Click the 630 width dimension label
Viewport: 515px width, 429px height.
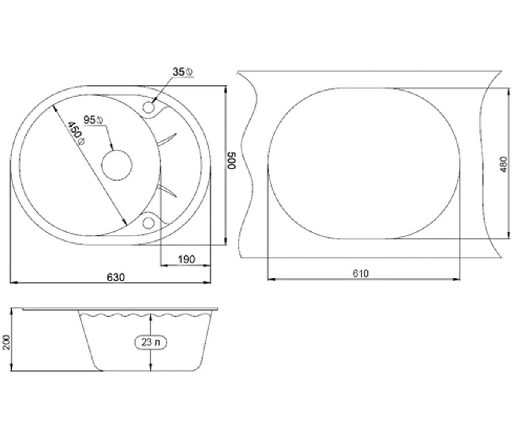[x=116, y=278]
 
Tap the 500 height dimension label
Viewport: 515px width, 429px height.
[x=232, y=161]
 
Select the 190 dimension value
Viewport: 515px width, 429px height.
[x=186, y=260]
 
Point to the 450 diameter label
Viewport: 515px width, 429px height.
[x=76, y=133]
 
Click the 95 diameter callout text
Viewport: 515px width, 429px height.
[x=93, y=120]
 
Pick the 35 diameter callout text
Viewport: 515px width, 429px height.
[x=183, y=72]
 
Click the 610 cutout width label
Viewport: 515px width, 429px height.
[x=360, y=273]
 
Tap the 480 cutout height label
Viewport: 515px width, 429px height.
[x=504, y=164]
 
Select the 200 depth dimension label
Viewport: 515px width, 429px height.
[x=6, y=342]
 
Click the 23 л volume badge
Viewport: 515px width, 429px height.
[x=151, y=342]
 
